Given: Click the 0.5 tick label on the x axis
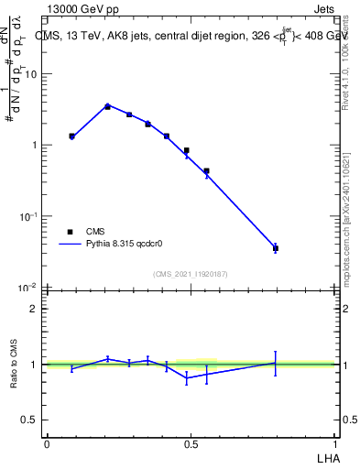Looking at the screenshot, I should (x=191, y=443).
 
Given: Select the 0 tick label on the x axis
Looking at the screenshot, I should (x=47, y=443).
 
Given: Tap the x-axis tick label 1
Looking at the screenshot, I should (x=335, y=443).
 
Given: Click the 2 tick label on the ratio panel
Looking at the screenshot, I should (x=34, y=309).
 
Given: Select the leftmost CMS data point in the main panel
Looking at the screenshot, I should (x=71, y=136).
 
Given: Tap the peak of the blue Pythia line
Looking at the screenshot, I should (x=107, y=105).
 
